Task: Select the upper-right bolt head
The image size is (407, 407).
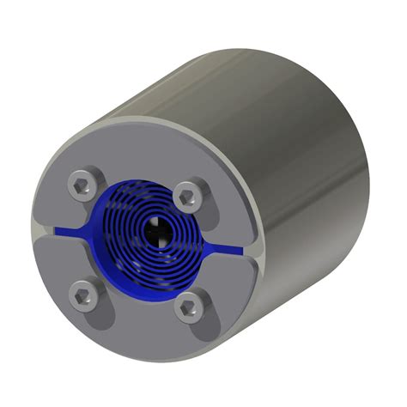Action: (185, 197)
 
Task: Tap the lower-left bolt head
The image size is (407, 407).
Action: (83, 295)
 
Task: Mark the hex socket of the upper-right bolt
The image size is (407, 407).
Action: (185, 197)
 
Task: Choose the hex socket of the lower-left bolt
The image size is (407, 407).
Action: (83, 295)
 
